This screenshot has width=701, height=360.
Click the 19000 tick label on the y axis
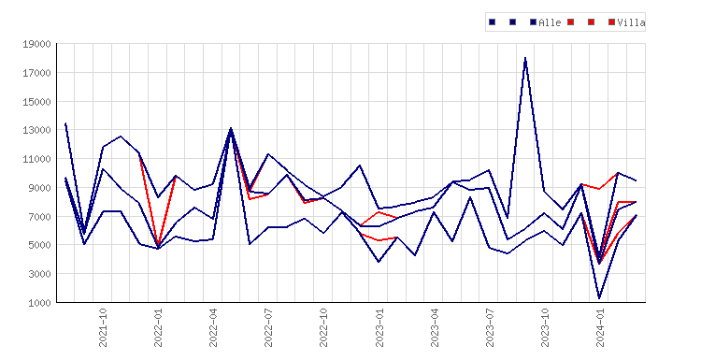pos(36,44)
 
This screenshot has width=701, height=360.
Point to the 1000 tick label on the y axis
pos(39,303)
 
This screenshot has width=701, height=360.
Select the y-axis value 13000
pos(36,130)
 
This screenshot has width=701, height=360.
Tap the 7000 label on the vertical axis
pos(39,216)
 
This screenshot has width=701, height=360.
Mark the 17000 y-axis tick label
pos(36,73)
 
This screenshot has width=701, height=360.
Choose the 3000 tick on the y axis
pos(39,274)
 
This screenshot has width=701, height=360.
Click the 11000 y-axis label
pos(36,159)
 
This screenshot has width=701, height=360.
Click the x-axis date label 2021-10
pos(103,328)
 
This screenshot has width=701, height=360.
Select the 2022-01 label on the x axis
pos(158,328)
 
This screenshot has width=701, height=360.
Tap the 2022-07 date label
pos(268,328)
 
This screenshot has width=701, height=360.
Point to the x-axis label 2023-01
pos(379,328)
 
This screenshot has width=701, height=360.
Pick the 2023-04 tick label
pos(434,328)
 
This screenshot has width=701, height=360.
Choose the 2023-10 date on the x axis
pos(545,328)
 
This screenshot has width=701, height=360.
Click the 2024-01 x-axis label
pos(600,328)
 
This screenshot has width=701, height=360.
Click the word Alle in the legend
pos(550,22)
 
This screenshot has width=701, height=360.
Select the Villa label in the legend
pos(631,22)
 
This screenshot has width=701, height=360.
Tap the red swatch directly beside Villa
pos(611,22)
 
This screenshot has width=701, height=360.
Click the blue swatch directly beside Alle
pos(533,22)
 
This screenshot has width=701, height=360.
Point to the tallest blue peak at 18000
pos(525,58)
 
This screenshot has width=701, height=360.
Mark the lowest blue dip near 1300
pos(599,298)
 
